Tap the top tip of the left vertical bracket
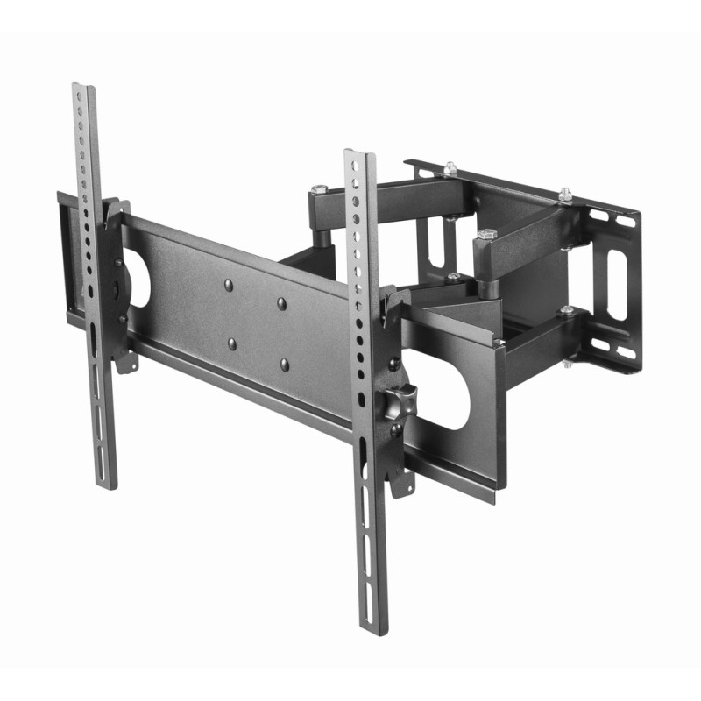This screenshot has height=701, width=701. coord(83,88)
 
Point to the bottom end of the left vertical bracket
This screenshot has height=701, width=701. coord(107,485)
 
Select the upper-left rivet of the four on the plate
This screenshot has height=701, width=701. coord(228,284)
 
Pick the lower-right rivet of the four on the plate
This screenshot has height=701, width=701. coord(285,363)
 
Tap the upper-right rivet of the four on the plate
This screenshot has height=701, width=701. coord(281,303)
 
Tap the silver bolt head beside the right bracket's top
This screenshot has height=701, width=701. coord(318,188)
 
